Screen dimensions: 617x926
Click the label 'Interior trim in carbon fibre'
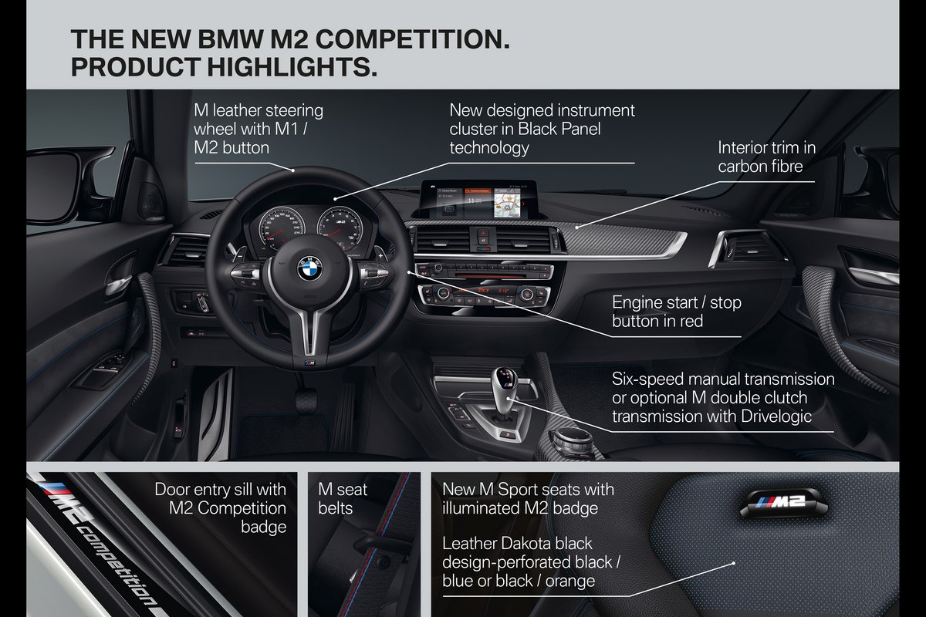(766, 157)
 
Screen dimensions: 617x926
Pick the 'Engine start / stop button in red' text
(676, 312)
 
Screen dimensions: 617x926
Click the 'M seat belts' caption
(343, 498)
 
